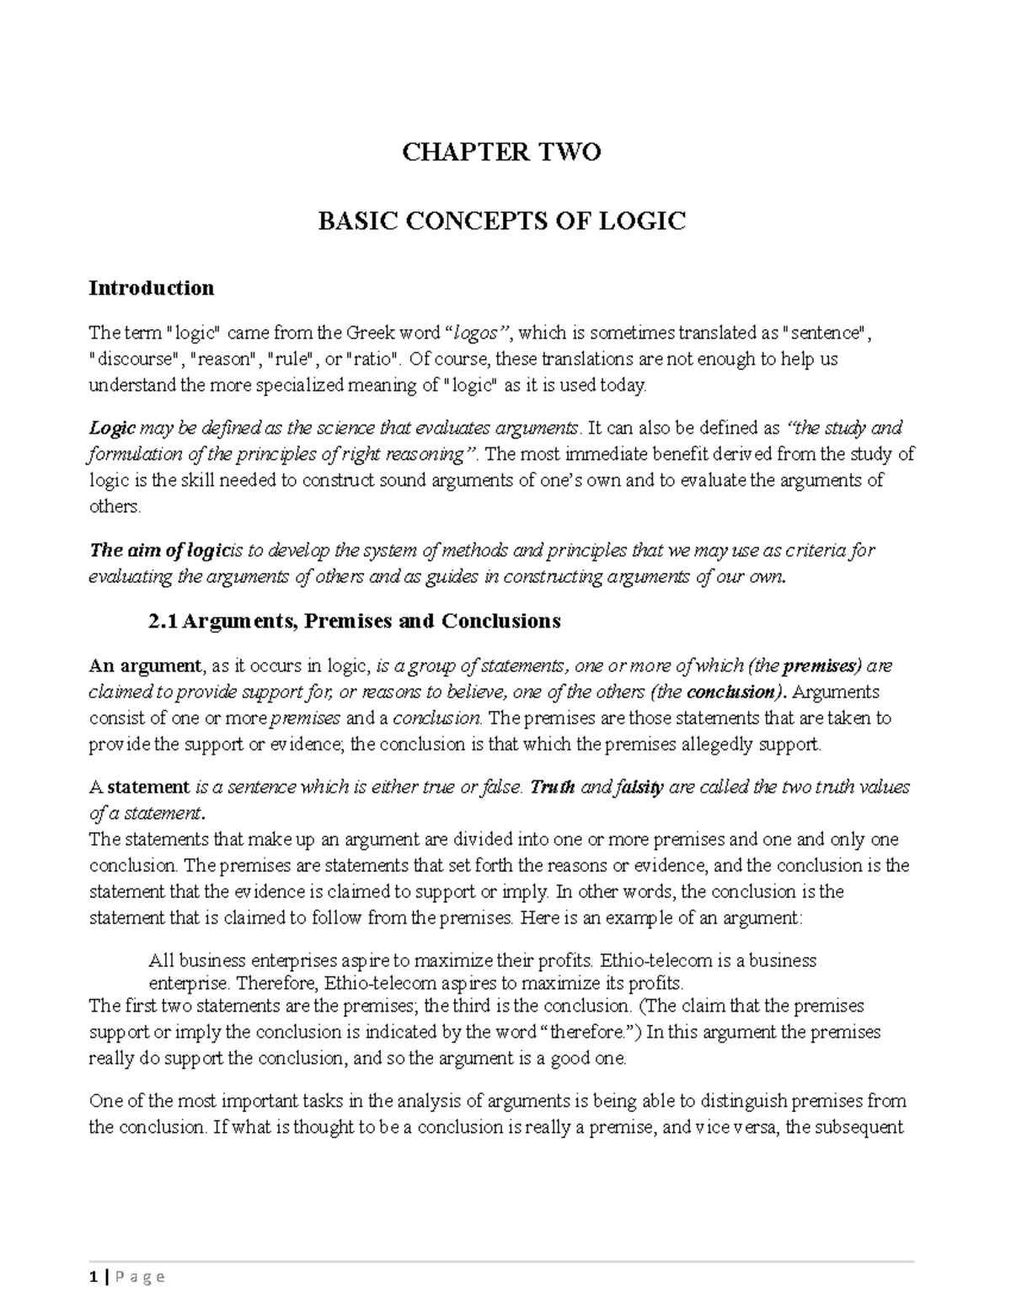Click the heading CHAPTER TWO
[x=501, y=152]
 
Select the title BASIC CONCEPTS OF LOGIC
[x=501, y=222]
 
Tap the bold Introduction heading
[x=152, y=288]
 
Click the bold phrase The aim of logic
[x=159, y=551]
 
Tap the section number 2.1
[x=163, y=622]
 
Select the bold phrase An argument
[x=146, y=666]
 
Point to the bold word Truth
[x=554, y=787]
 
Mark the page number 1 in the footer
[x=94, y=1276]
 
